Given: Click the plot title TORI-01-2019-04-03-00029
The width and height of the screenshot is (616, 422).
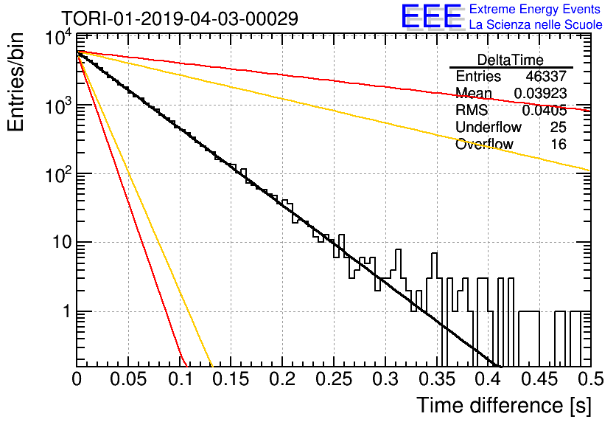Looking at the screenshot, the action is coord(180,18).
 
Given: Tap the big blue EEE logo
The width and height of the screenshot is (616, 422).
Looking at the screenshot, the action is coord(432,16).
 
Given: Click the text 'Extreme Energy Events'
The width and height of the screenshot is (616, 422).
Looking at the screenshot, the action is coord(535,9).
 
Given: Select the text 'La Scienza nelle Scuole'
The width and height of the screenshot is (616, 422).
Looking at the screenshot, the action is coord(536,25).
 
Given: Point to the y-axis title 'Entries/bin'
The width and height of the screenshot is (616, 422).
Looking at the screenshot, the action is coord(15,82).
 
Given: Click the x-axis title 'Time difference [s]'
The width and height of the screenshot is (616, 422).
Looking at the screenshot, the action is coord(504,406).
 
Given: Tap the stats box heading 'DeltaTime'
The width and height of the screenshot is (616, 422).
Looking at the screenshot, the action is coord(511,60).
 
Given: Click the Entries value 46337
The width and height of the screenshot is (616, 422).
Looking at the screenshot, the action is coord(546,76).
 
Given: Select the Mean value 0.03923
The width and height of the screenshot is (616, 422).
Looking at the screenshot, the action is coord(540,93).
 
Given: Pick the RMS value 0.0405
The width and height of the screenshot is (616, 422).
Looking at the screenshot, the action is coord(544,111).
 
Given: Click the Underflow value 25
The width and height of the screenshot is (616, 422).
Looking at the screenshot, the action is coord(559,127).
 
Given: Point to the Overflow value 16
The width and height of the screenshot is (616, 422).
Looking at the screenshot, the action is coord(559,145).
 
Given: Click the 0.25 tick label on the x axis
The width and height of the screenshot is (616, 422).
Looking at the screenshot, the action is coord(334,379).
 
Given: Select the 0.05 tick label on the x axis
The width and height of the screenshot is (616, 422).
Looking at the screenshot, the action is coord(128,379).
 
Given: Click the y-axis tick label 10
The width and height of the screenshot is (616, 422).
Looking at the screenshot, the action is coord(62,242).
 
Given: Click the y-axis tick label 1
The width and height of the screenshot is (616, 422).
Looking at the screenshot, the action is coord(67,311).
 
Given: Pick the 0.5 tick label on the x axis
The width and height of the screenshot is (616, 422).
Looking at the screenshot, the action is coord(590,379).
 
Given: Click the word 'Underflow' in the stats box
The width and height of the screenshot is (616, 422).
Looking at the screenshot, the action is coord(489,127).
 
